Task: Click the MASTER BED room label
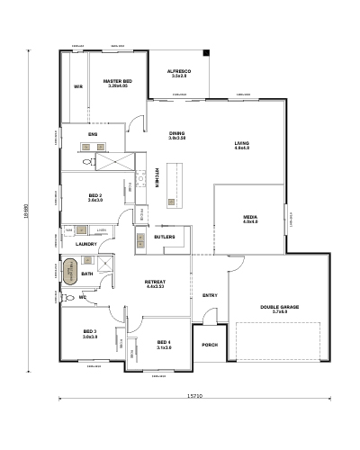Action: tap(117, 80)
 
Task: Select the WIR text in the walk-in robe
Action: tap(78, 87)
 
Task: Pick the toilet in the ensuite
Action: tap(87, 163)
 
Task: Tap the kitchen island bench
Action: tap(170, 184)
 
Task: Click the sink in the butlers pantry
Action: tap(142, 239)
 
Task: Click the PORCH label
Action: tap(210, 345)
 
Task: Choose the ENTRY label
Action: tap(210, 295)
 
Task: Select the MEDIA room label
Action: tap(250, 217)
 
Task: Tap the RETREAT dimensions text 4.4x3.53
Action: tap(155, 287)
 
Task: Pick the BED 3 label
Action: tap(90, 331)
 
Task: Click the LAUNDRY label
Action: tap(86, 244)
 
